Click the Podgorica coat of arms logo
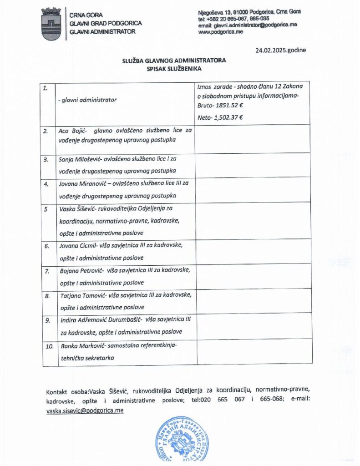click(x=51, y=24)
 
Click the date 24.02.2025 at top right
click(x=281, y=50)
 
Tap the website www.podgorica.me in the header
click(x=221, y=31)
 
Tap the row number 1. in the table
click(x=46, y=89)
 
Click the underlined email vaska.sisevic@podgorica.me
click(x=85, y=410)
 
